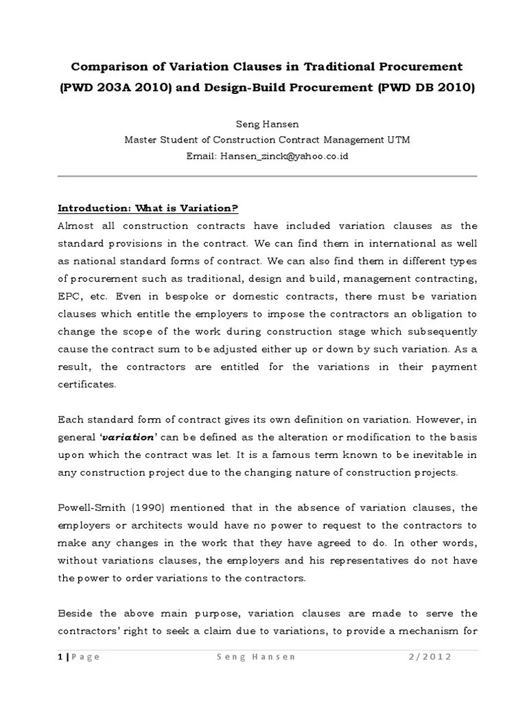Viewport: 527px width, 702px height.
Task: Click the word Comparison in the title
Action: coord(105,66)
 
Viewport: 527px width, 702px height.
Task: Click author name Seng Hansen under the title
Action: coord(264,124)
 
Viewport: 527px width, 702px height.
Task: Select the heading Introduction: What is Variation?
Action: coord(148,208)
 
